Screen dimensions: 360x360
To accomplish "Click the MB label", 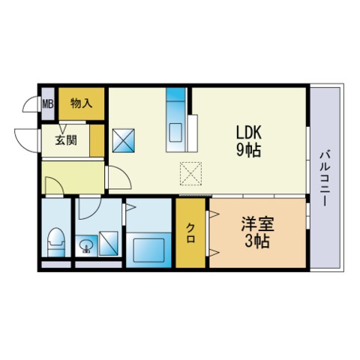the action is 48,103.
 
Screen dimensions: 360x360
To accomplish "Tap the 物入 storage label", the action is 82,103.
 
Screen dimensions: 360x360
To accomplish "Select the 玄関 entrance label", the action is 66,140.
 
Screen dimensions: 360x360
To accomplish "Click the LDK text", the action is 249,132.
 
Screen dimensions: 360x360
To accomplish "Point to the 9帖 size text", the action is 249,150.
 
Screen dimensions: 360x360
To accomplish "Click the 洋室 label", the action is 258,223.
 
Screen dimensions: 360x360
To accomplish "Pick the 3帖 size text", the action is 257,241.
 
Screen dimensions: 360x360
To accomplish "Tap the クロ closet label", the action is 190,233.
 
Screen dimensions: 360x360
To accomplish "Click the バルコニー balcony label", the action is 324,178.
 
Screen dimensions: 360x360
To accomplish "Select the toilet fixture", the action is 56,242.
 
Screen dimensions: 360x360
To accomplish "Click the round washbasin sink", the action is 87,246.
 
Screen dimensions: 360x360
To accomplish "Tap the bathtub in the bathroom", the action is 148,250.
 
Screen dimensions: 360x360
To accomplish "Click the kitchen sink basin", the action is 176,132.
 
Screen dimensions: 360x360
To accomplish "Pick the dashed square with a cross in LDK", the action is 190,174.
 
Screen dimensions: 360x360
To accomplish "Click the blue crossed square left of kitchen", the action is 124,140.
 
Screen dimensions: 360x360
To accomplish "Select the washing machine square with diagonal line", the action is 109,244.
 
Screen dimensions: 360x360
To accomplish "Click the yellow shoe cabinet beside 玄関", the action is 97,140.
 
